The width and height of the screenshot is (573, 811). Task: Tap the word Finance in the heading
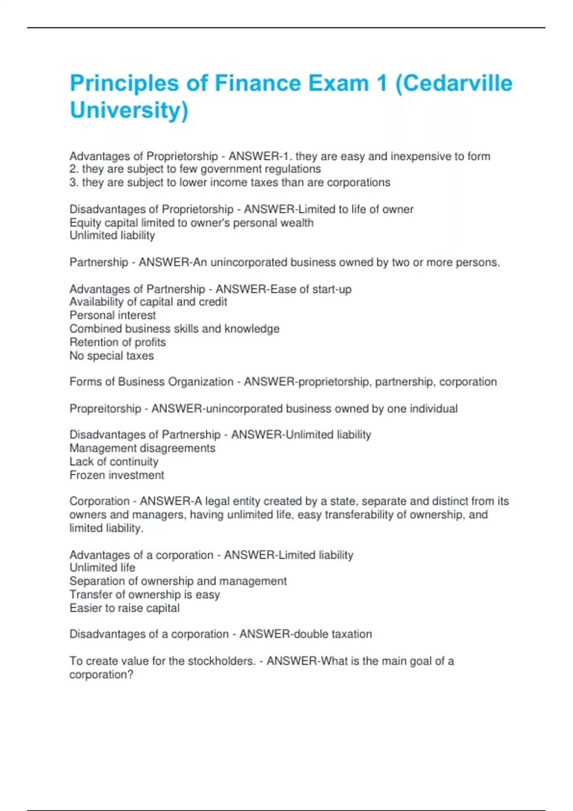258,83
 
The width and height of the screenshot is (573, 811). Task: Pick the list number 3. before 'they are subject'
74,182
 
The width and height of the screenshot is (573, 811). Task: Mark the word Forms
85,382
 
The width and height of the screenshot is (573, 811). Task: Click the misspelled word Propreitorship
105,409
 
